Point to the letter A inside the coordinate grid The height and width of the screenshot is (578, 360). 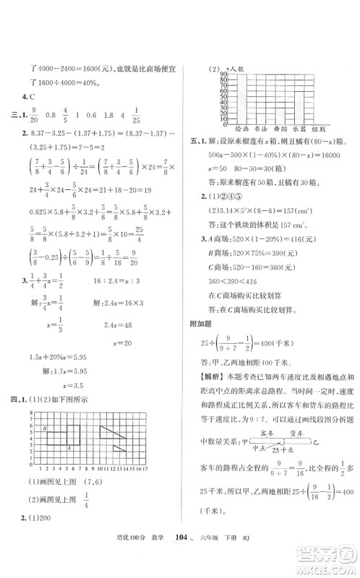click(68, 448)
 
